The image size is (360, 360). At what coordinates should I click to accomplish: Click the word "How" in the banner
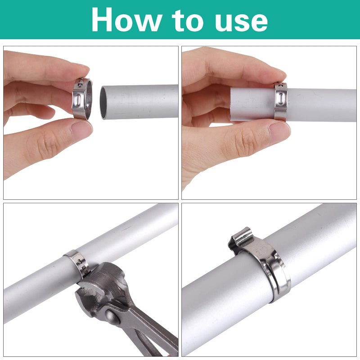click(x=126, y=20)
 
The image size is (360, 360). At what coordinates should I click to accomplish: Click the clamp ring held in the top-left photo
click(x=82, y=99)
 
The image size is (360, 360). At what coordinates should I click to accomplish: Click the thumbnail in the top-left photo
click(x=81, y=129)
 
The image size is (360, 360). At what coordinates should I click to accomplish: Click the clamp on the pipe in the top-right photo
click(x=280, y=102)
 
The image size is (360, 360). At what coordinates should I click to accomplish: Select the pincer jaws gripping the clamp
click(x=99, y=284)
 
